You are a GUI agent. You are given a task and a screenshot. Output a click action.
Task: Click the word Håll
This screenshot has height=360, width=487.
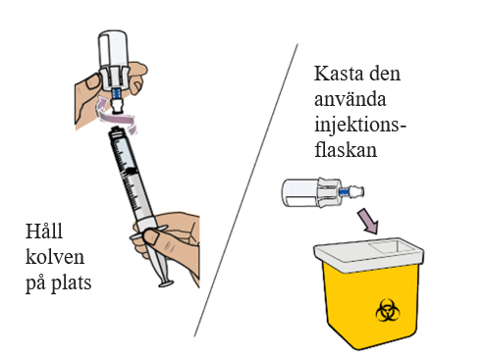click(44, 231)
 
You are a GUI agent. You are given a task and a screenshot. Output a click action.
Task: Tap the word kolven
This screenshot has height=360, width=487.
click(55, 257)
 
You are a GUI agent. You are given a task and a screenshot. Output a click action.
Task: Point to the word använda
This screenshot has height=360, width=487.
click(351, 99)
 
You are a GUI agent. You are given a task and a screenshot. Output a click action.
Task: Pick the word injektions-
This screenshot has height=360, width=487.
click(360, 126)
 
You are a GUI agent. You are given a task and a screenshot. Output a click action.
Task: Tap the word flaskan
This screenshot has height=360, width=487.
click(346, 150)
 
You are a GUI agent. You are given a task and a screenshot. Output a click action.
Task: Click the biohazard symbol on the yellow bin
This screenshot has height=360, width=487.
click(388, 310)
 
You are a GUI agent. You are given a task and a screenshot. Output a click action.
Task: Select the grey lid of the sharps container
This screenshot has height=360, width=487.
click(369, 254)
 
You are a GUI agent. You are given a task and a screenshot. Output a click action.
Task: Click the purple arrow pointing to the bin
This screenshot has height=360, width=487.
click(368, 222)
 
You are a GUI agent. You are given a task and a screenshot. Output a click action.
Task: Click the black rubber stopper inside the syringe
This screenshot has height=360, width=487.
click(131, 172)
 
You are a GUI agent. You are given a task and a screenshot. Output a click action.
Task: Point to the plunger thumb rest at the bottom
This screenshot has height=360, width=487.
click(166, 283)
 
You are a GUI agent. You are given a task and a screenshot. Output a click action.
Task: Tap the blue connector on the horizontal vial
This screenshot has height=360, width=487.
click(344, 191)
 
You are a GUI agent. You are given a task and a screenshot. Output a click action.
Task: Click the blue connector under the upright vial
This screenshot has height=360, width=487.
click(117, 94)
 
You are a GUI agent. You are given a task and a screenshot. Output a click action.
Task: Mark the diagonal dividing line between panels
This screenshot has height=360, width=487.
click(245, 190)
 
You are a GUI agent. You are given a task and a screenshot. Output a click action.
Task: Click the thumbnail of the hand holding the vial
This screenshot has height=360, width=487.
click(93, 81)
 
